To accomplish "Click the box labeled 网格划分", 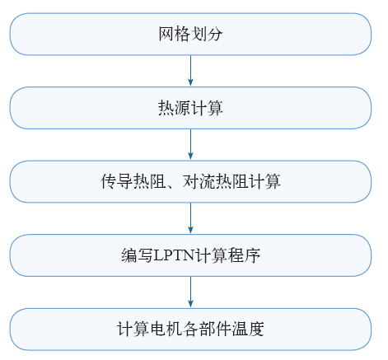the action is tap(190, 34).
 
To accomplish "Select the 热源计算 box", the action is tap(190, 108).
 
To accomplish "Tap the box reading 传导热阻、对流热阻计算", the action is tap(190, 181).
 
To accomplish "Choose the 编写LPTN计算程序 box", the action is tap(190, 255).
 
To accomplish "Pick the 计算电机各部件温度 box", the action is tap(190, 329).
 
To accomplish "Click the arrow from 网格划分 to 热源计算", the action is tap(190, 71).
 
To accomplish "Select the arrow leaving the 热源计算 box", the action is tap(190, 145).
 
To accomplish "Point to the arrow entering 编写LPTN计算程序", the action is tap(190, 218).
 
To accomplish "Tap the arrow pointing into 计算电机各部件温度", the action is tap(190, 292).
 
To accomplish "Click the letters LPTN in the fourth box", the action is tap(174, 255).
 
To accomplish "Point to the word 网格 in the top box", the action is tap(175, 34).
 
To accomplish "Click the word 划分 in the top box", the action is tap(207, 34).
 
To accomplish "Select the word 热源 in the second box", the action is tap(175, 108).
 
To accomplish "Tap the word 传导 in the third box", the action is tap(117, 181).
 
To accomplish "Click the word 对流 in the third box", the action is tap(199, 181).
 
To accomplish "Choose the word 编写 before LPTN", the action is tap(138, 255).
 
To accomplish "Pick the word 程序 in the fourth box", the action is tap(245, 255).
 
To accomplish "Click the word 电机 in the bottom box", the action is tap(166, 329).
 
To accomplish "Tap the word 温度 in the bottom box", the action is tap(248, 329).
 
